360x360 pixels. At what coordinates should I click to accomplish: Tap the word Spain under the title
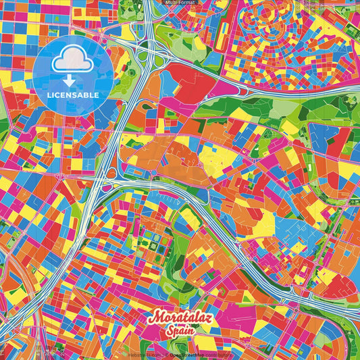click(x=180, y=332)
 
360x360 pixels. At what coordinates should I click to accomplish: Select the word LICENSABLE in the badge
click(x=72, y=95)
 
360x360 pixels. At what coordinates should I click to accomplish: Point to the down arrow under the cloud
click(x=72, y=80)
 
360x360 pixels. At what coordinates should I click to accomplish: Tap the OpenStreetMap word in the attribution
click(x=190, y=355)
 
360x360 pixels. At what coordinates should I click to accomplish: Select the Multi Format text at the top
click(x=180, y=3)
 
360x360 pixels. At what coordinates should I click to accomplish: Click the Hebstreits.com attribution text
click(x=145, y=355)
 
